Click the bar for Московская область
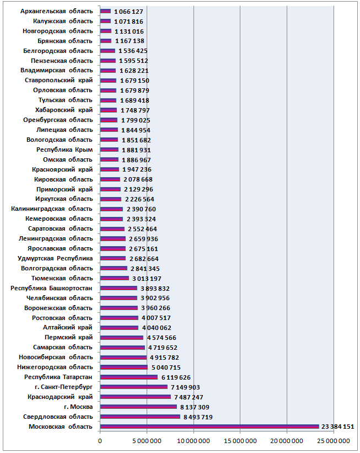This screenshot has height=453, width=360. [x=209, y=427]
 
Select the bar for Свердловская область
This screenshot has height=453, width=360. [x=140, y=417]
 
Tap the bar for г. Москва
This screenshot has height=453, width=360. [x=138, y=407]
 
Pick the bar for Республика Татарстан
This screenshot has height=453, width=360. [x=129, y=377]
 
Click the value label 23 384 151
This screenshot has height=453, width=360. [x=337, y=427]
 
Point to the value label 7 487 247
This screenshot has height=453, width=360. [x=189, y=397]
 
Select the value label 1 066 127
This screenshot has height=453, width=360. [x=128, y=12]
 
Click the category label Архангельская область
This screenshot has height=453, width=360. [x=57, y=11]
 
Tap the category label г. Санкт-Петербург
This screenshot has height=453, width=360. [x=63, y=387]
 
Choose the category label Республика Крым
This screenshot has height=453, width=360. [x=65, y=150]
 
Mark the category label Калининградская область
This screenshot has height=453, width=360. [x=52, y=209]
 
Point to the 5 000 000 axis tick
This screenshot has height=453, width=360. [x=147, y=441]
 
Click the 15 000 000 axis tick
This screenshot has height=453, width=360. [x=240, y=441]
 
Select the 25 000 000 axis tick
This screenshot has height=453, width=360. [x=334, y=441]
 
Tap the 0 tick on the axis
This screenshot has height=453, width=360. [x=100, y=441]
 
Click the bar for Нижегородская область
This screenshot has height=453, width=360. [x=124, y=367]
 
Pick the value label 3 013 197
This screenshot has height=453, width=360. [x=147, y=279]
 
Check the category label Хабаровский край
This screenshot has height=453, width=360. [x=64, y=110]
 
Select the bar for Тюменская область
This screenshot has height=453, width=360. [x=114, y=278]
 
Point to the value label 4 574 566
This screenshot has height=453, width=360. [x=162, y=338]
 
